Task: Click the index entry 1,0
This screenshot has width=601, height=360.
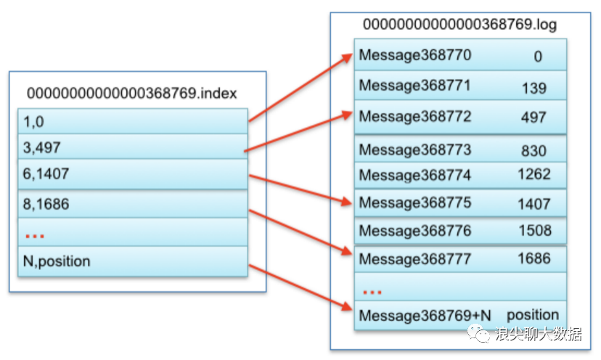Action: pyautogui.click(x=33, y=122)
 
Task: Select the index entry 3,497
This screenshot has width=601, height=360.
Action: pyautogui.click(x=42, y=147)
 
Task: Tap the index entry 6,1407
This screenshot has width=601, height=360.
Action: pyautogui.click(x=46, y=173)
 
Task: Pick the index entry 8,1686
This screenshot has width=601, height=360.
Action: pyautogui.click(x=46, y=204)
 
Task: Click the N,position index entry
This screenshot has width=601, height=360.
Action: pyautogui.click(x=57, y=261)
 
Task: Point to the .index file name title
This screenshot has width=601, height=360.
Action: pyautogui.click(x=132, y=93)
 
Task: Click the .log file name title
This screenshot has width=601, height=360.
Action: pyautogui.click(x=459, y=25)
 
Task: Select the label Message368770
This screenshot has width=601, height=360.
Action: pyautogui.click(x=414, y=55)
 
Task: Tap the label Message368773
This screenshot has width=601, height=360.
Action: pyautogui.click(x=414, y=150)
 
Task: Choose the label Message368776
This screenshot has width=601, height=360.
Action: pyautogui.click(x=414, y=231)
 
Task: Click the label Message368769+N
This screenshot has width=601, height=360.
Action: pyautogui.click(x=425, y=316)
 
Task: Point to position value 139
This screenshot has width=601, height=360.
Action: pyautogui.click(x=534, y=88)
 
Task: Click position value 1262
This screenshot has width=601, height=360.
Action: pyautogui.click(x=534, y=174)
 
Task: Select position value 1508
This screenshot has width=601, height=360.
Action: pyautogui.click(x=535, y=230)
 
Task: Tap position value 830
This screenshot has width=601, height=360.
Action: pyautogui.click(x=533, y=151)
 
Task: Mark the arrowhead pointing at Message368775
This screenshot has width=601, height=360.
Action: pyautogui.click(x=347, y=202)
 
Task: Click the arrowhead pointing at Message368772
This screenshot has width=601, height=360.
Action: pyautogui.click(x=347, y=115)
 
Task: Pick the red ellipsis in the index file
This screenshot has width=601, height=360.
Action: pyautogui.click(x=35, y=236)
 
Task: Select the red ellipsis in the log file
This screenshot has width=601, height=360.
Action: pyautogui.click(x=372, y=292)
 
